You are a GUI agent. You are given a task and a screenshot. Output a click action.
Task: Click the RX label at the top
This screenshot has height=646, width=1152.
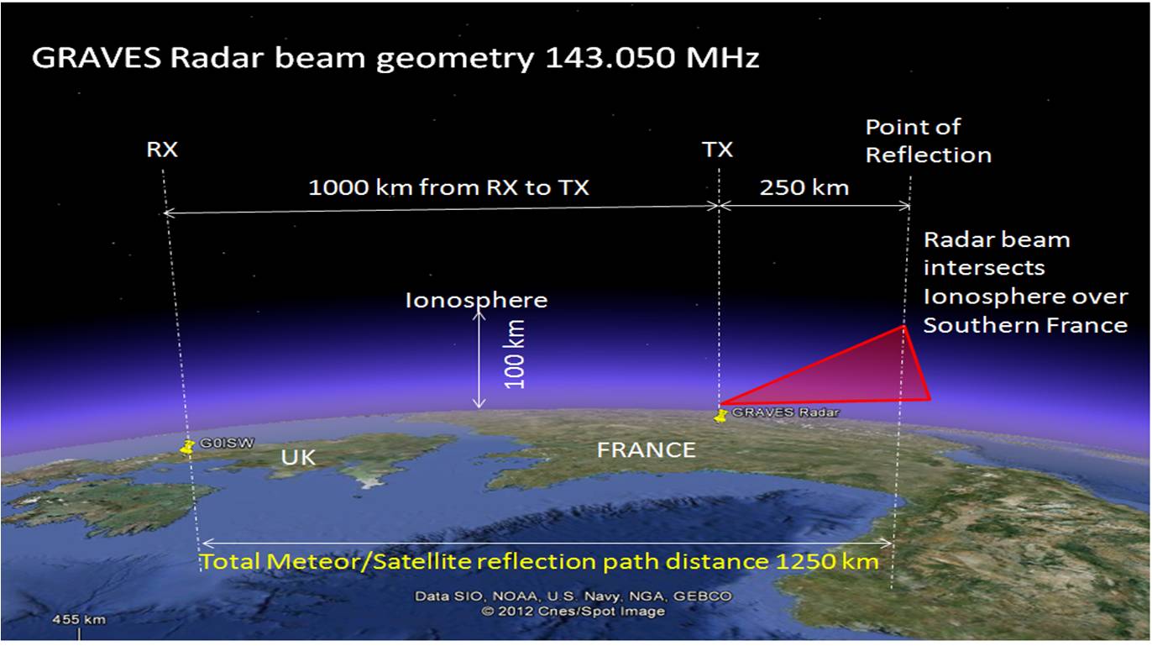[162, 150]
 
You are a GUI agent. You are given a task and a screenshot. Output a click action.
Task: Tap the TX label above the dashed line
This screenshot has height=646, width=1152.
[717, 150]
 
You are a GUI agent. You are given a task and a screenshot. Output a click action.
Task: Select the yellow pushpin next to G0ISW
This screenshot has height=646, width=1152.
[187, 446]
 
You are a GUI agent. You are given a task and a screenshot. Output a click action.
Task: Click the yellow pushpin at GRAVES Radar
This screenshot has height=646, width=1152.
[721, 416]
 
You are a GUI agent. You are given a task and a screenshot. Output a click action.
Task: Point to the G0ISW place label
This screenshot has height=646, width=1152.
[227, 444]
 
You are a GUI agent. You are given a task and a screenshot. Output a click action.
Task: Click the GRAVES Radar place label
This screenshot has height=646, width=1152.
[785, 412]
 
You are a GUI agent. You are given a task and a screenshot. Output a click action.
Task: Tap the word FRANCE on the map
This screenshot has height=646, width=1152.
[647, 450]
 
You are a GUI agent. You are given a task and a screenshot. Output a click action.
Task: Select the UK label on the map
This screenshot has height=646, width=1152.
[298, 458]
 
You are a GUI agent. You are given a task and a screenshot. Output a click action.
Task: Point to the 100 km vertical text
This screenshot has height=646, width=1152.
[515, 355]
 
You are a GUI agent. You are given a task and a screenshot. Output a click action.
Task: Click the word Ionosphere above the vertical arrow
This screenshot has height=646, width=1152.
[476, 301]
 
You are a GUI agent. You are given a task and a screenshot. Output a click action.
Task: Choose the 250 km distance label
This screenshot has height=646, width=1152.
[804, 187]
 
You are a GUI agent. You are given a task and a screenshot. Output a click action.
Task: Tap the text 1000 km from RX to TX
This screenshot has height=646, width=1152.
[449, 187]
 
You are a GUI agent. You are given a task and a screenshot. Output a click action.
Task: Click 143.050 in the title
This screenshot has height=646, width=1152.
[610, 58]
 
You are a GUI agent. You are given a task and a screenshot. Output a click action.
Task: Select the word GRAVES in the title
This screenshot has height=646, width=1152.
[97, 58]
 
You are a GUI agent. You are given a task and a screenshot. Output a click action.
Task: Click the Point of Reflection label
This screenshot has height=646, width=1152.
[929, 141]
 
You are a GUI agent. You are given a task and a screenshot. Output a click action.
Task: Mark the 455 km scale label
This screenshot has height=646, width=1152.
[79, 619]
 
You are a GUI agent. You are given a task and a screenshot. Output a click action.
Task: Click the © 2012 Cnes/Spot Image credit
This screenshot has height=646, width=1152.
[573, 612]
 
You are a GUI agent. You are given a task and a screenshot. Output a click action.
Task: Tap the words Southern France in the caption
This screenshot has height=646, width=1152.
[1025, 326]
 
